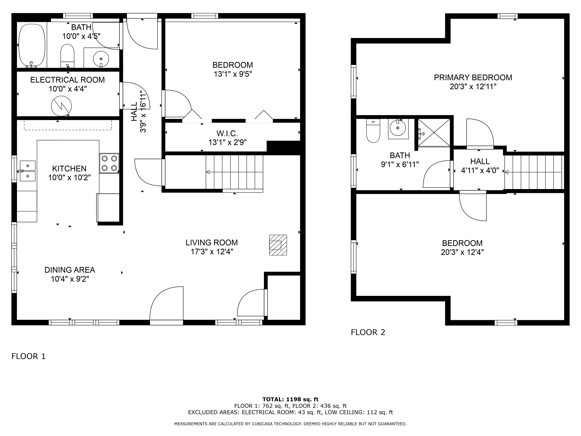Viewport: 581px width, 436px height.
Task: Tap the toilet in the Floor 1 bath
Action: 68,56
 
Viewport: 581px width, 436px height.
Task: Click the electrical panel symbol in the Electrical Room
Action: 61,106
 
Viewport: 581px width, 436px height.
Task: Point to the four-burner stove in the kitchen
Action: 109,163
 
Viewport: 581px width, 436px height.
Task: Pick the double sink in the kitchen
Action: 28,171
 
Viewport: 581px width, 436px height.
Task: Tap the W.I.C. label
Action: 227,133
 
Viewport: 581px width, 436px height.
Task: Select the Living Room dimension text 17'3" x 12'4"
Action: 212,252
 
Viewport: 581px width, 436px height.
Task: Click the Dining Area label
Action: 70,270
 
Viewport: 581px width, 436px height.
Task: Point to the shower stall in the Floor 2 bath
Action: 434,133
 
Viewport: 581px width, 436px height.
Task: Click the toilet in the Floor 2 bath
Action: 373,131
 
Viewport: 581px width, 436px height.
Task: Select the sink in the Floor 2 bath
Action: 398,129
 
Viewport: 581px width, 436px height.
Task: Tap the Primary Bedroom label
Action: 473,78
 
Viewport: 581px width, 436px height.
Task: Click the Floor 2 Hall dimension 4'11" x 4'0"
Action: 480,171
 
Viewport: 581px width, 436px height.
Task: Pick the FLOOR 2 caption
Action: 368,332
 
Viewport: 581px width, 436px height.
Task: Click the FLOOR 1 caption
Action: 28,356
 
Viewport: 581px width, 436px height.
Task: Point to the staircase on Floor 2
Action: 534,172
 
